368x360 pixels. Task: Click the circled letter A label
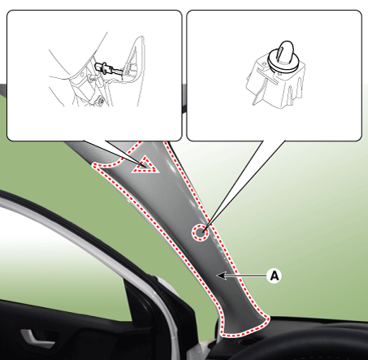pos(274,275)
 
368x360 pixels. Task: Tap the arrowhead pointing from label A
pos(221,275)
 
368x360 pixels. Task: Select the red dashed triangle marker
pos(144,165)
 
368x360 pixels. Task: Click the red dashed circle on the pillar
pos(201,232)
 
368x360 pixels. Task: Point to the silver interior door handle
pos(36,338)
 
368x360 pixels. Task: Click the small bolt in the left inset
pos(102,101)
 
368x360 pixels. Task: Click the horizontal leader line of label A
pos(246,275)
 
